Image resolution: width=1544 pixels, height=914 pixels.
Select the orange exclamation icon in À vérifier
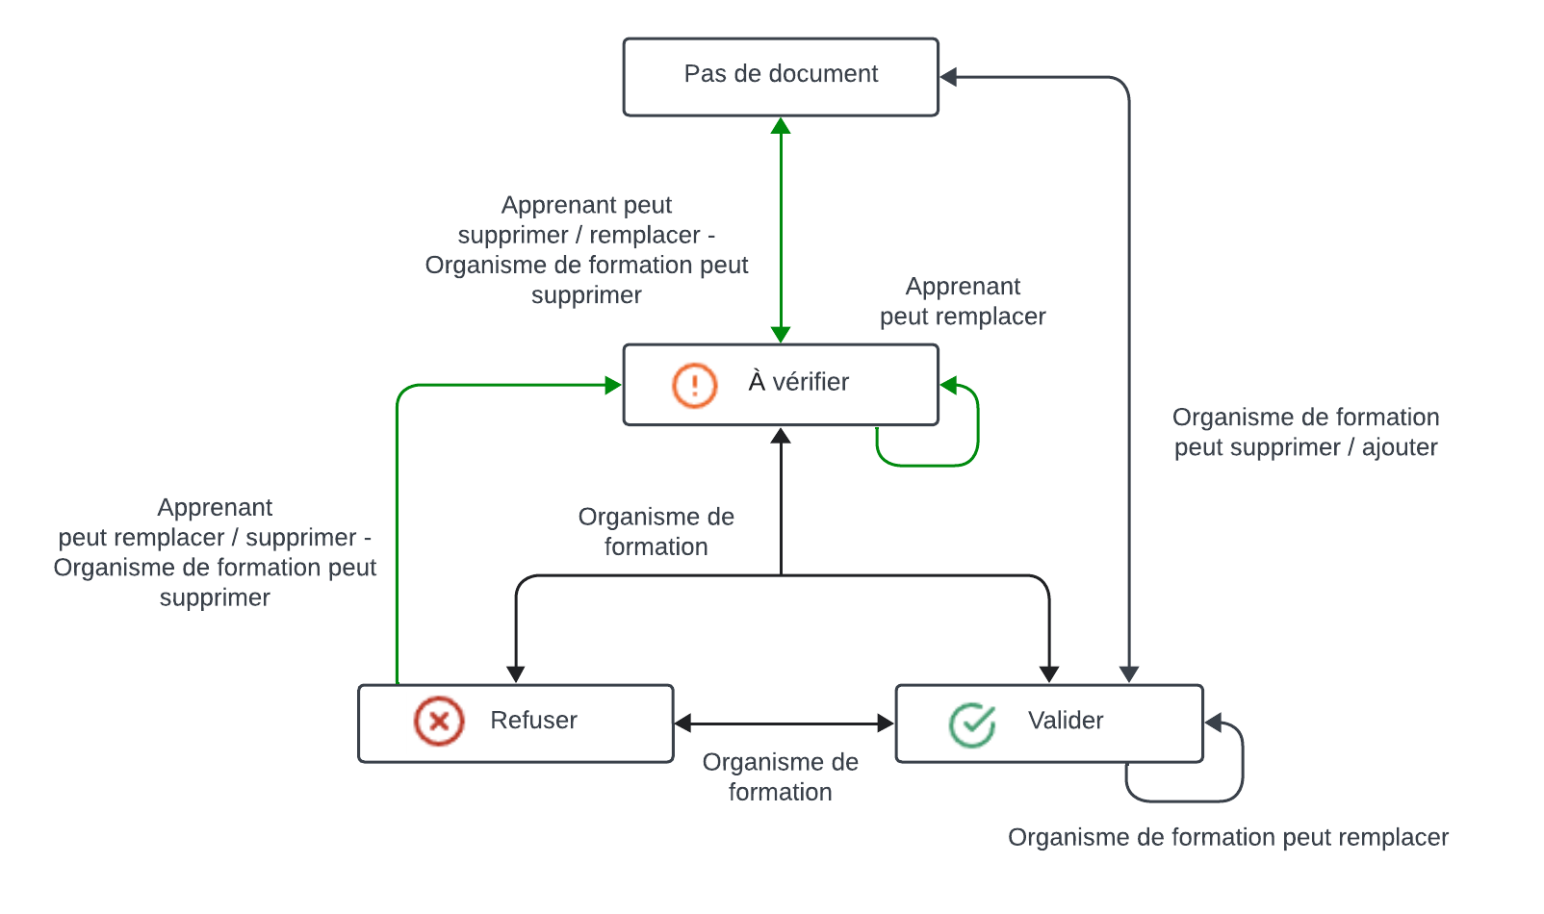coord(694,385)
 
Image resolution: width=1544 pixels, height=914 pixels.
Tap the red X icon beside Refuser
coord(439,721)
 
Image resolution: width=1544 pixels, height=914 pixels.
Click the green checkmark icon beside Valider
coord(972,724)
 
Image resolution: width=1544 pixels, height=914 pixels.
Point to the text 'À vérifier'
coord(798,383)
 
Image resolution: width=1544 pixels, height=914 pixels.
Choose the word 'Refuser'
coord(533,721)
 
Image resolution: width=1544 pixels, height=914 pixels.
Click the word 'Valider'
coord(1066,721)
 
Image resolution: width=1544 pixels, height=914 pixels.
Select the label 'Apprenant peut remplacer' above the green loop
coord(963,301)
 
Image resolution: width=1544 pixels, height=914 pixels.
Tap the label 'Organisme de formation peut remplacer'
coord(1227,838)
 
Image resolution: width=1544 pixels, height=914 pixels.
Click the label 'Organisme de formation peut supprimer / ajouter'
coord(1305,432)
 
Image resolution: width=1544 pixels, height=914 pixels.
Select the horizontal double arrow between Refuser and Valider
coord(785,724)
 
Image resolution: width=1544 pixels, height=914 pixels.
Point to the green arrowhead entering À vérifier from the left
coord(613,385)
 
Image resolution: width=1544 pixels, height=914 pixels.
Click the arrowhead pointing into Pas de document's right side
coord(948,77)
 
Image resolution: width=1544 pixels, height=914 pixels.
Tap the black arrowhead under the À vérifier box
coord(781,436)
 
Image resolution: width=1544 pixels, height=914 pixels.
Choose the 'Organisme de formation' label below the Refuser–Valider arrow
coord(780,776)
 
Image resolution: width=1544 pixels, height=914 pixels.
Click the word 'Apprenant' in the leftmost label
coord(215,508)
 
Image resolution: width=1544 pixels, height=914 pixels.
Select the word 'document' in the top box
coord(829,74)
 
